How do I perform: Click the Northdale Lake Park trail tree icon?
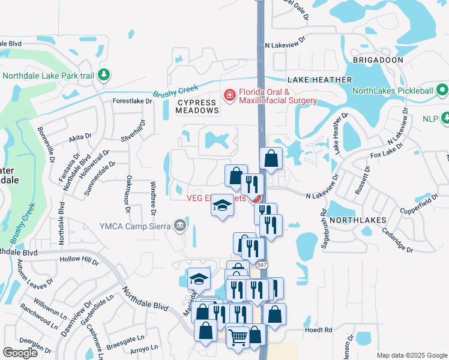click(104, 75)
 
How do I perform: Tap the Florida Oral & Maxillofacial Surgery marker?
click(229, 95)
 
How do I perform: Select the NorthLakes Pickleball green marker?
click(443, 91)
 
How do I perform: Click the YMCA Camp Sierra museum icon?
click(179, 226)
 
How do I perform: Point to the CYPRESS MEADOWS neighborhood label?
click(197, 106)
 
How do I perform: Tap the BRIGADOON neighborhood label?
click(378, 61)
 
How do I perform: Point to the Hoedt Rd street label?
click(318, 329)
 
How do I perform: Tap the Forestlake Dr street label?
click(133, 101)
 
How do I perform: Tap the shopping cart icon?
click(238, 338)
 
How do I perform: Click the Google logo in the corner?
click(20, 353)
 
